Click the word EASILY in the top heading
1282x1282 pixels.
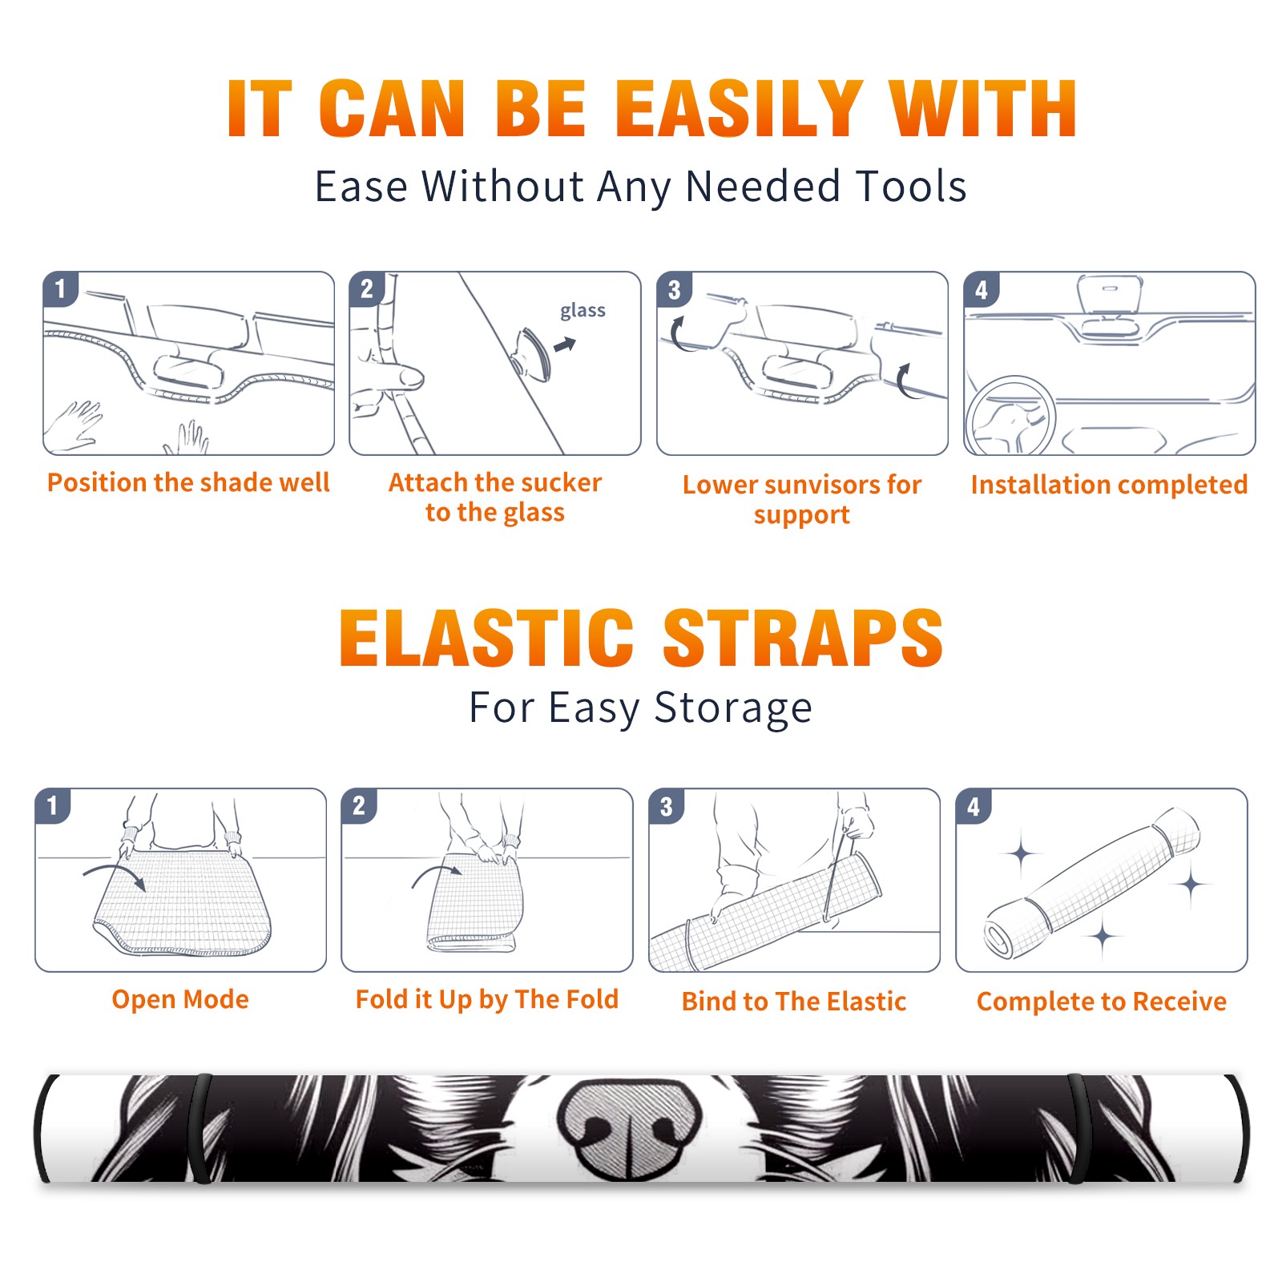(x=739, y=109)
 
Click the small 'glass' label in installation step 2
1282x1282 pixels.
(x=583, y=311)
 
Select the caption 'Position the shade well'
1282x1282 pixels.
(x=188, y=482)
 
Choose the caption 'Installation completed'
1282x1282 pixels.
(x=1109, y=485)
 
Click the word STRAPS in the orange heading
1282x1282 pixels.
(x=803, y=638)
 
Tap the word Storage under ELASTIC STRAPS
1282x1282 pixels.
(x=733, y=708)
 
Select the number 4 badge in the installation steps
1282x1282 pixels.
(x=982, y=289)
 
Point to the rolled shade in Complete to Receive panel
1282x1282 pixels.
(x=1093, y=882)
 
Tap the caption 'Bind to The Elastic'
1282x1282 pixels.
(x=793, y=1002)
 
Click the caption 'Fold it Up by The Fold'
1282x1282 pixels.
(x=487, y=1000)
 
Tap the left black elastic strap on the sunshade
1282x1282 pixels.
(x=201, y=1128)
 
